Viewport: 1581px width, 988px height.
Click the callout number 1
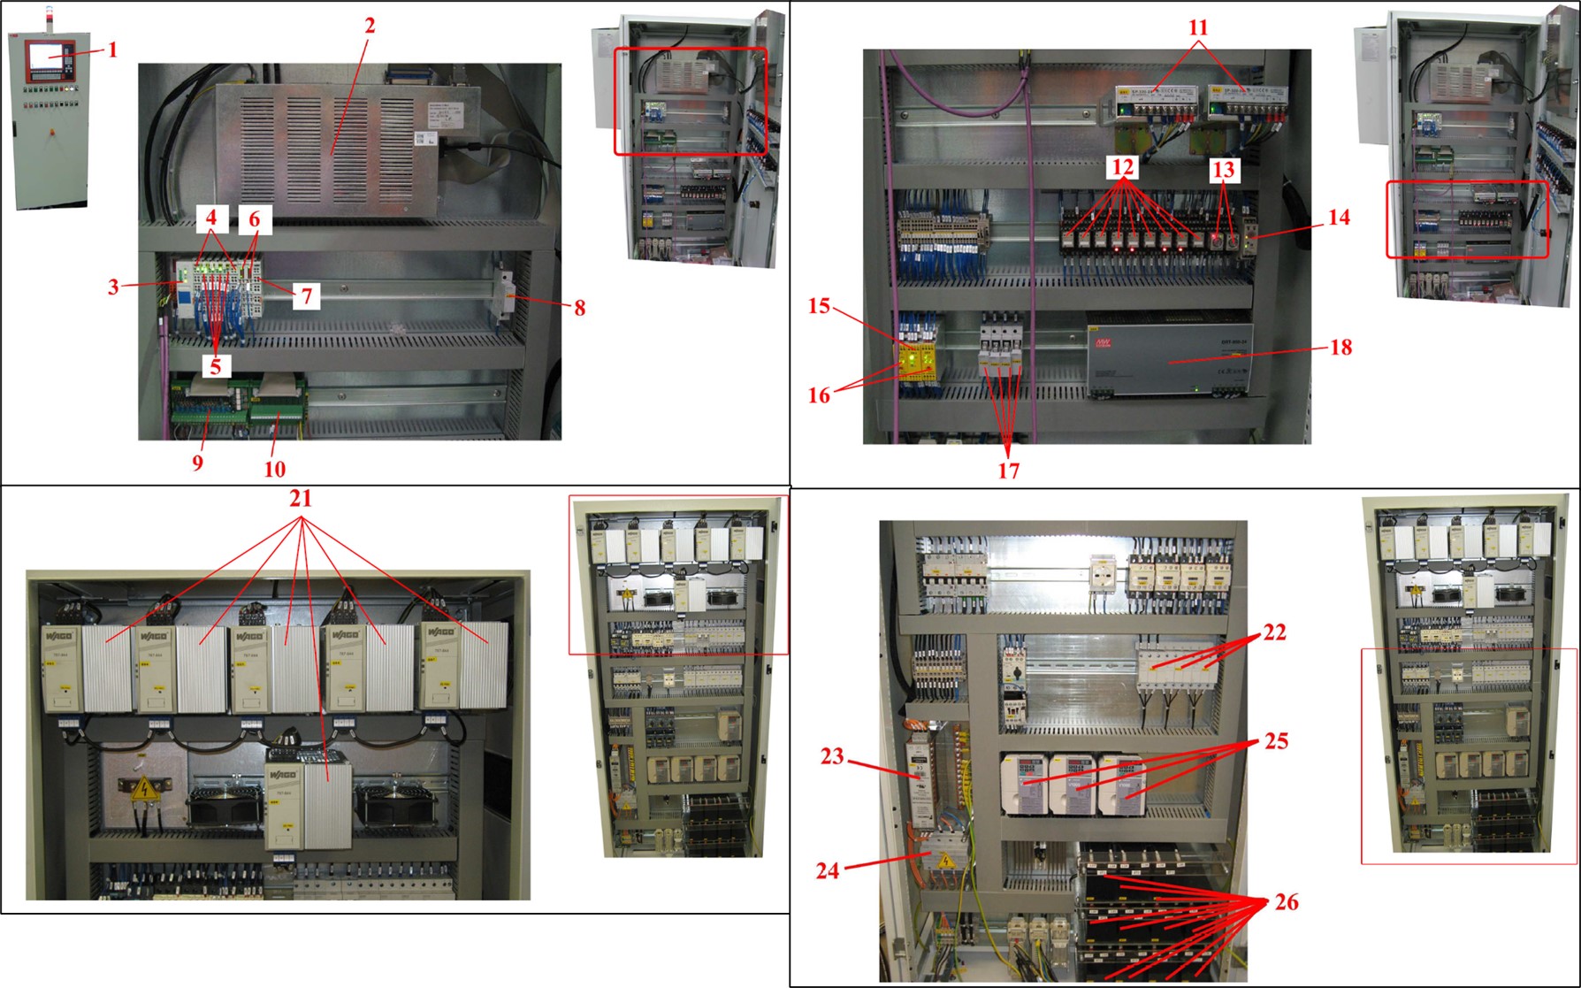pyautogui.click(x=112, y=50)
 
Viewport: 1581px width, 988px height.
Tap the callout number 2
pyautogui.click(x=370, y=26)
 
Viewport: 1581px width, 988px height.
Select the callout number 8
pyautogui.click(x=579, y=308)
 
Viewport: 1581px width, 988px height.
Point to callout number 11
pyautogui.click(x=1198, y=27)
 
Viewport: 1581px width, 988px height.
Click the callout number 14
pyautogui.click(x=1339, y=217)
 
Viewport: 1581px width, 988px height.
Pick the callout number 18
pyautogui.click(x=1340, y=347)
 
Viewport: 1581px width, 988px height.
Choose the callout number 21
pyautogui.click(x=301, y=499)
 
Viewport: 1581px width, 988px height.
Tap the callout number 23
pyautogui.click(x=832, y=756)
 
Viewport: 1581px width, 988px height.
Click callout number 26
pyautogui.click(x=1287, y=902)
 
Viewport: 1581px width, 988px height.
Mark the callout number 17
pyautogui.click(x=1008, y=471)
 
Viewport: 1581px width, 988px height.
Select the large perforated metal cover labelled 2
pyautogui.click(x=327, y=142)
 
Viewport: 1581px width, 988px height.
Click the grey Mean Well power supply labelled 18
pyautogui.click(x=1167, y=354)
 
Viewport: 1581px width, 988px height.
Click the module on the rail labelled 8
pyautogui.click(x=503, y=295)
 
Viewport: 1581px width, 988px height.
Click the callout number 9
pyautogui.click(x=197, y=463)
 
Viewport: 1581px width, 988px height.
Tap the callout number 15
pyautogui.click(x=819, y=306)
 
